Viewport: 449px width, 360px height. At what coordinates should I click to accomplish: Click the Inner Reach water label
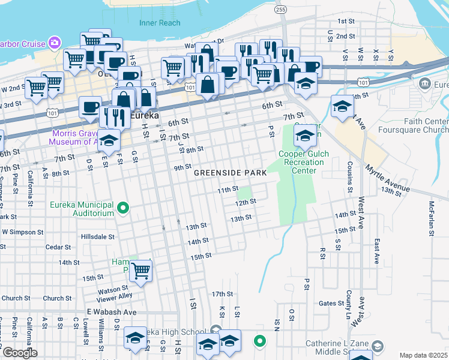(160, 23)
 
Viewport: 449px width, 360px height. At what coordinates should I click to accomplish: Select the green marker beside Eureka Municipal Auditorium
(124, 209)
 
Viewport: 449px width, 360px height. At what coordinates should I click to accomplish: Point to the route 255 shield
(280, 10)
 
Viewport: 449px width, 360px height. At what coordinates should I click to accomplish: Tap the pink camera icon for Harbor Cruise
(55, 43)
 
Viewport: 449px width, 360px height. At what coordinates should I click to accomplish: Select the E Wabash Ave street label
(112, 312)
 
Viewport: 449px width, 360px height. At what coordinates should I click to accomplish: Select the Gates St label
(331, 304)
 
